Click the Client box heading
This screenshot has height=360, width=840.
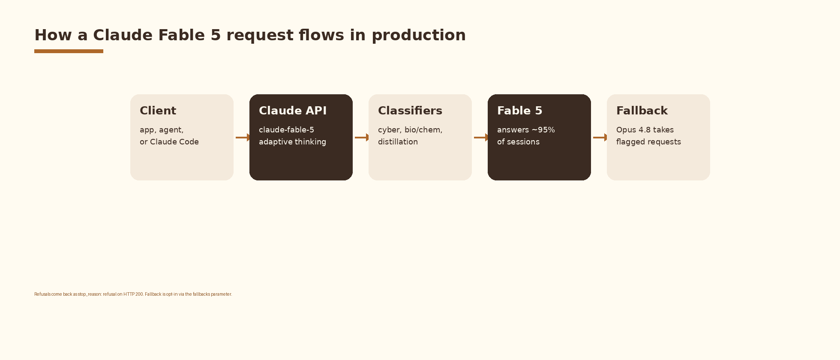coord(158,111)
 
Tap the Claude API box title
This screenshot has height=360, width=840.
coord(293,111)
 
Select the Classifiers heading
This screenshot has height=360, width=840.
coord(410,111)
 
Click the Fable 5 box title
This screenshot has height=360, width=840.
coord(520,111)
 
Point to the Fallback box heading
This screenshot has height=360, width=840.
coord(642,111)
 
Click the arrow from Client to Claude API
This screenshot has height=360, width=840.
coord(243,138)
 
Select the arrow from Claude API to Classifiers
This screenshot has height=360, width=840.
coord(362,138)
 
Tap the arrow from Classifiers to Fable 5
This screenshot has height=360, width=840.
coord(481,138)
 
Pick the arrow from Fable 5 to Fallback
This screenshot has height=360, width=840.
coord(600,138)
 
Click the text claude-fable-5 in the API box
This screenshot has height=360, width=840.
coord(286,130)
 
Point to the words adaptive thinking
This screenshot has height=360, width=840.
coord(292,142)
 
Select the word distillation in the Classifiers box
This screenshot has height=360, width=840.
coord(398,142)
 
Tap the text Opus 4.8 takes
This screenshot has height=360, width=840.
coord(645,130)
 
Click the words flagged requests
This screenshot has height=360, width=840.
coord(648,142)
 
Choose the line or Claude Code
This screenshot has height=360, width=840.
coord(169,142)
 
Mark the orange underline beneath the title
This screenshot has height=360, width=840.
coord(69,51)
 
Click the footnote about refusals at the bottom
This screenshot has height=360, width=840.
coord(133,294)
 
